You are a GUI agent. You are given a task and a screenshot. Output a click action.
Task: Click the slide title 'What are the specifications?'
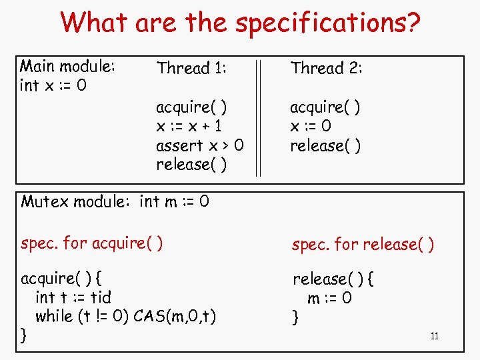[240, 23]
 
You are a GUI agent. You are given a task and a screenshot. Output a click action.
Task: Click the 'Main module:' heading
[68, 67]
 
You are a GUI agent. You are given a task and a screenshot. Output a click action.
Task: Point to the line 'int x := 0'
[53, 86]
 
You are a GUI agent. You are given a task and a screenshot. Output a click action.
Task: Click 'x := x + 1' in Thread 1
[189, 126]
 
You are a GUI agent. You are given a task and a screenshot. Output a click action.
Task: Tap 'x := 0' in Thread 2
[311, 126]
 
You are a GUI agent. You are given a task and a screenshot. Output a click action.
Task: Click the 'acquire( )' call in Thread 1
[191, 107]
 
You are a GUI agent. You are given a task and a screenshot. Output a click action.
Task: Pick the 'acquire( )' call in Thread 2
[325, 107]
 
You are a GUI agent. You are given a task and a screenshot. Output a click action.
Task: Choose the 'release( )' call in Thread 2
[325, 145]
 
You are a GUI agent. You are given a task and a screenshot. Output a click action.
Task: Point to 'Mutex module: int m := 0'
[115, 201]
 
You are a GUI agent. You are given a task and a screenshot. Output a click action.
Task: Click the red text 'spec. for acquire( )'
[93, 243]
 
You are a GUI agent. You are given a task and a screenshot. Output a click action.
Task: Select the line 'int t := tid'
[73, 297]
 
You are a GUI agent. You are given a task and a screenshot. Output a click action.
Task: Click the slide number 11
[434, 336]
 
